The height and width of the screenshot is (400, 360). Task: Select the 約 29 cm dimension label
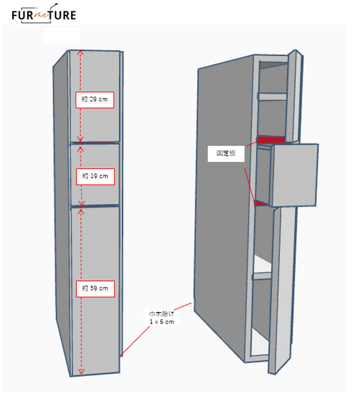pyautogui.click(x=95, y=100)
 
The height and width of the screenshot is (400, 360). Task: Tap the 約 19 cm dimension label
pyautogui.click(x=95, y=176)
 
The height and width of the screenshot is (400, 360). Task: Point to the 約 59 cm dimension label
pyautogui.click(x=95, y=289)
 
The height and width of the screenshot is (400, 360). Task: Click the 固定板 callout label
pyautogui.click(x=226, y=153)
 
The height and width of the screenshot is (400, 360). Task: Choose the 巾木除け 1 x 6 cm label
pyautogui.click(x=161, y=318)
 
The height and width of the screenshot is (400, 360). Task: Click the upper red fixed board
pyautogui.click(x=272, y=139)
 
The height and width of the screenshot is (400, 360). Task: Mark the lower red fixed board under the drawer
pyautogui.click(x=261, y=203)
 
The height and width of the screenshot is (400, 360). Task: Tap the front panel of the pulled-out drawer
pyautogui.click(x=294, y=175)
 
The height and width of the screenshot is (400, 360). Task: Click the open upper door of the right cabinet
pyautogui.click(x=294, y=97)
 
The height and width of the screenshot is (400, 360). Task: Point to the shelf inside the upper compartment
pyautogui.click(x=272, y=97)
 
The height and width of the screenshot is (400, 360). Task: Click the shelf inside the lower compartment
pyautogui.click(x=262, y=276)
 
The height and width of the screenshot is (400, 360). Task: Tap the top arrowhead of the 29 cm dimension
pyautogui.click(x=80, y=52)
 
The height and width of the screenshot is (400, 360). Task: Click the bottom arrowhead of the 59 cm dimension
pyautogui.click(x=81, y=372)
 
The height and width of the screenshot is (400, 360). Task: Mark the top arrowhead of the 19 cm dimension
pyautogui.click(x=81, y=149)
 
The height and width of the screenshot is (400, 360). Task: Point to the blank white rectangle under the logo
pyautogui.click(x=61, y=35)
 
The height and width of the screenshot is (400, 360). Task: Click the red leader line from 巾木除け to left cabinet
pyautogui.click(x=134, y=341)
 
